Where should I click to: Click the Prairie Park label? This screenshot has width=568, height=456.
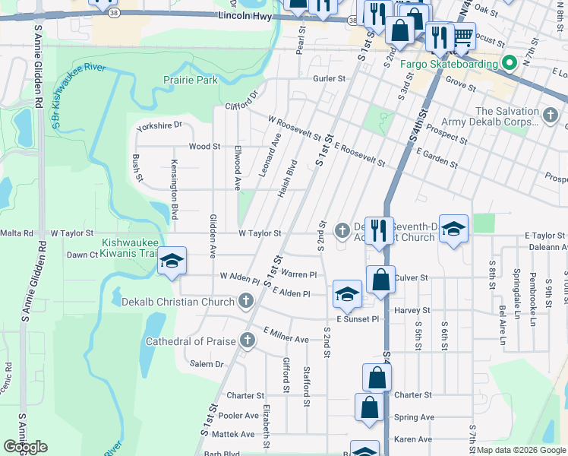coord(191,79)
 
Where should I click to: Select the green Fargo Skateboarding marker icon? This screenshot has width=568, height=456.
coord(509,64)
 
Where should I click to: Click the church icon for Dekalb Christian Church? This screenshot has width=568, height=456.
coord(245,302)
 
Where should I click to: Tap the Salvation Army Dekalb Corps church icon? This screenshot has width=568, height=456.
coord(551,116)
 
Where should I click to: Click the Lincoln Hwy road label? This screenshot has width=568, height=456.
coord(245,16)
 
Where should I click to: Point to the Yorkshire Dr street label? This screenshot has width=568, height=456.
coord(159,125)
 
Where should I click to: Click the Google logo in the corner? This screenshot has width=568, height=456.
coord(25,447)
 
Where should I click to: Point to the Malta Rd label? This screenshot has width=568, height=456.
coord(17,233)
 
